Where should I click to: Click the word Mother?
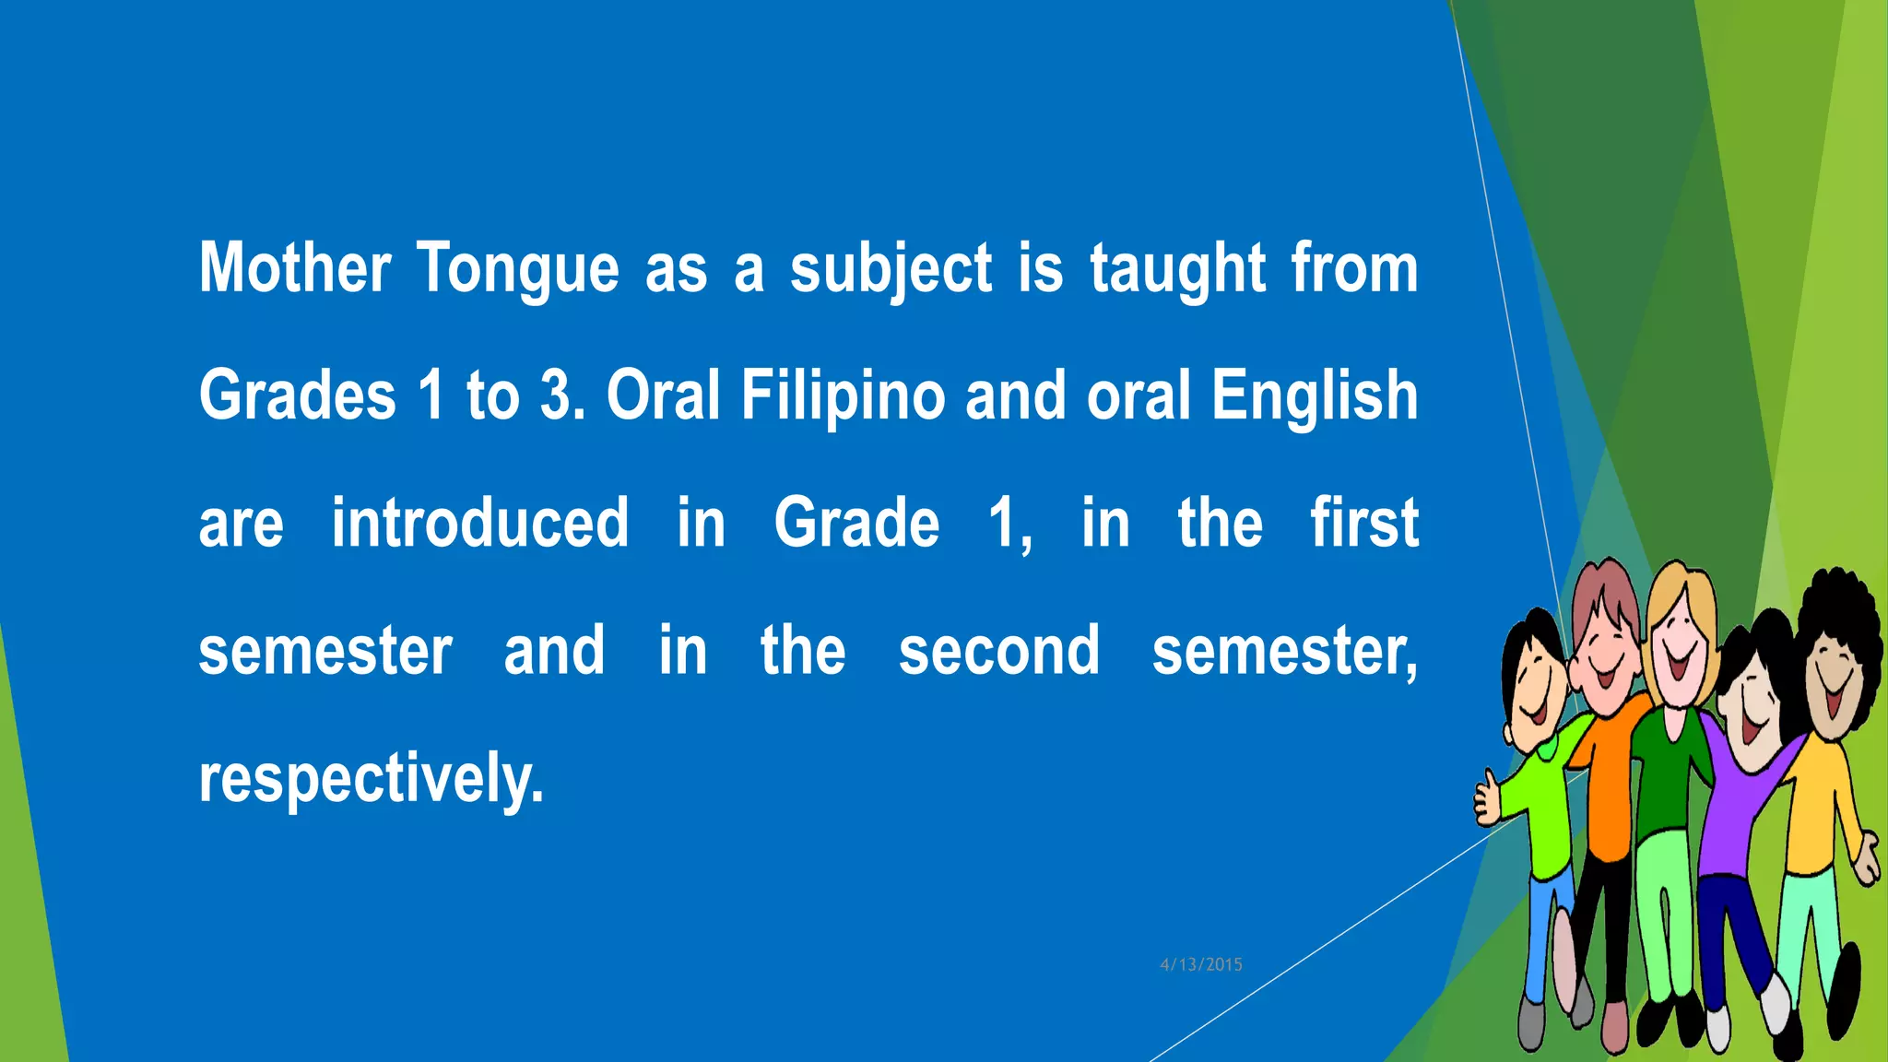coord(295,267)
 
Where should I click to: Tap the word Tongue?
coord(517,269)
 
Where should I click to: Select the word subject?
coord(891,269)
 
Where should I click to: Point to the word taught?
coord(1177,269)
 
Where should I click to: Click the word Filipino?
coord(843,395)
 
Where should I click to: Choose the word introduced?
coord(479,523)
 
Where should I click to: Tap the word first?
coord(1364,523)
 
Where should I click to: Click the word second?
coord(999,650)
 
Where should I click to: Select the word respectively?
coord(371,779)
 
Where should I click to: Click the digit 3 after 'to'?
coord(556,395)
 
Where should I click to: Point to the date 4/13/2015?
coord(1201,964)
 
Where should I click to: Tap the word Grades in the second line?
coord(297,395)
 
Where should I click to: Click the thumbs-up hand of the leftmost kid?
coord(1487,800)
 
